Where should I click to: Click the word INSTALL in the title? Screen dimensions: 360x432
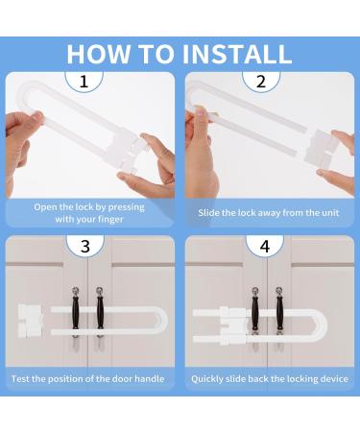237,54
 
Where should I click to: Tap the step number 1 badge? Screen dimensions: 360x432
84,82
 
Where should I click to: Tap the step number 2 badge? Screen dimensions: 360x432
261,82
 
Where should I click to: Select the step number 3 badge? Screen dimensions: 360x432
85,246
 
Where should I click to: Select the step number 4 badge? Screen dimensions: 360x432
265,246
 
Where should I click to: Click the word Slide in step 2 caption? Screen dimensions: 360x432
208,213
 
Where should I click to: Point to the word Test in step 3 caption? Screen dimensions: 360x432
20,379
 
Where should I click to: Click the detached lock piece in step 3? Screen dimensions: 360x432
31,321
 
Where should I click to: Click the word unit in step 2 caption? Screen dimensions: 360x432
331,213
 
